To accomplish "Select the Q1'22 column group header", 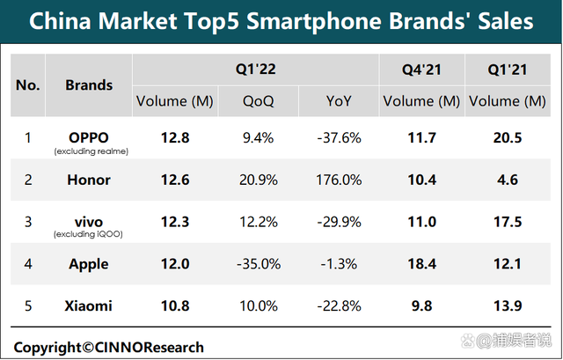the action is tap(256, 69).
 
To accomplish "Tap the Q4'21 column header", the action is tap(421, 70).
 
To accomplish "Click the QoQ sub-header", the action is tap(258, 101).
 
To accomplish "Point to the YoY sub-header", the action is tap(339, 101).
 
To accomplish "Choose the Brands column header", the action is tap(89, 85).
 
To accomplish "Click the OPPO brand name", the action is tap(89, 137).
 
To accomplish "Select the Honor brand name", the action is tap(89, 180).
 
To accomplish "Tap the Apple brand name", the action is tap(89, 264).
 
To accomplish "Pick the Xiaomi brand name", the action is tap(88, 305).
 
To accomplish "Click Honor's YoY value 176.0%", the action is tap(339, 180).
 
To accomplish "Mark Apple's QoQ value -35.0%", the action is tap(259, 264).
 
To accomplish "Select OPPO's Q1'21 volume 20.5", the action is tap(508, 137).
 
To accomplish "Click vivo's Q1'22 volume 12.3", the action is tap(175, 222).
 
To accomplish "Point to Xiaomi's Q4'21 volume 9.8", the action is tap(421, 305).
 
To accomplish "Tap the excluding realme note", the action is tap(91, 151).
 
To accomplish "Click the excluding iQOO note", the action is tap(88, 234).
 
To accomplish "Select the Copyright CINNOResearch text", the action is tap(108, 348).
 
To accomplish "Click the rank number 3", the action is tap(28, 222).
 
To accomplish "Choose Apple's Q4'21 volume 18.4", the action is tap(421, 264).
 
